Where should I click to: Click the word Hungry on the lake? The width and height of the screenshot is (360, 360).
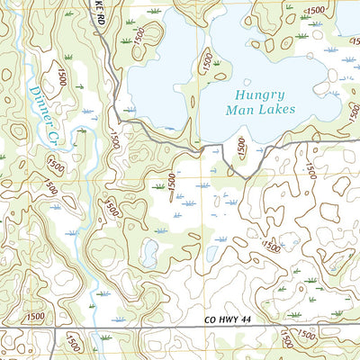click(256, 94)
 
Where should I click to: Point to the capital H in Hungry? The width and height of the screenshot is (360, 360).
click(238, 94)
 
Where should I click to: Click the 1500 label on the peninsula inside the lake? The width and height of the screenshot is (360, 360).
click(208, 62)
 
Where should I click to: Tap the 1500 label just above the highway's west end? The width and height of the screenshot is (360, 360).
click(36, 317)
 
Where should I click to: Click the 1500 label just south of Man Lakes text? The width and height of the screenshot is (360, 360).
click(240, 145)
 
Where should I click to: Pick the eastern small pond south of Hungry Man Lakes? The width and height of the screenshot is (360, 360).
click(214, 253)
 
